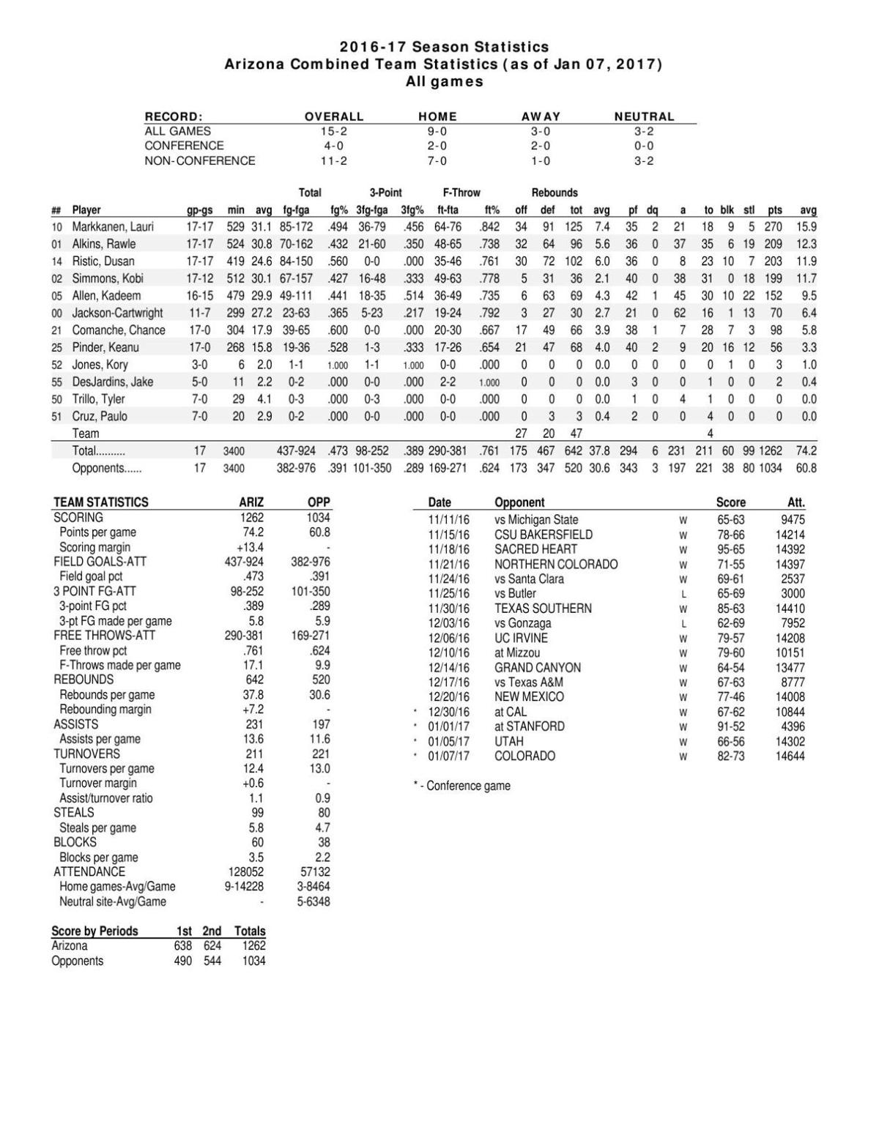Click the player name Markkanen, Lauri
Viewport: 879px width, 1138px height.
(113, 227)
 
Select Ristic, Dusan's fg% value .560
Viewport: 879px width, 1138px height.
(338, 261)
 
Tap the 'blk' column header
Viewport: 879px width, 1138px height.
(727, 210)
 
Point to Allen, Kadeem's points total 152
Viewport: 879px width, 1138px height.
(774, 296)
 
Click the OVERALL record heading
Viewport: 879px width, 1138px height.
(334, 116)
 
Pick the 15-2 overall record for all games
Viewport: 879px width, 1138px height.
(334, 131)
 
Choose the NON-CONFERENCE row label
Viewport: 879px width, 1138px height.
(200, 160)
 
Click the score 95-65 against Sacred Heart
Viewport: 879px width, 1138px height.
(730, 549)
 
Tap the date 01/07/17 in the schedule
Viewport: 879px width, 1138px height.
(448, 756)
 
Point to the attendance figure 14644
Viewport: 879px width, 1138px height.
(790, 756)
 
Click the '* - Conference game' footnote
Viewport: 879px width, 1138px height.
(462, 786)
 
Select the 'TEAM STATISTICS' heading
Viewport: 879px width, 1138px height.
(101, 502)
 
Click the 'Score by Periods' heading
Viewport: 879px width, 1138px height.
(94, 931)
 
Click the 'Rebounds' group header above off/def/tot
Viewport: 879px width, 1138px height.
(555, 193)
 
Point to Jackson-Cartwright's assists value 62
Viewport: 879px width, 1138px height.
(680, 313)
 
